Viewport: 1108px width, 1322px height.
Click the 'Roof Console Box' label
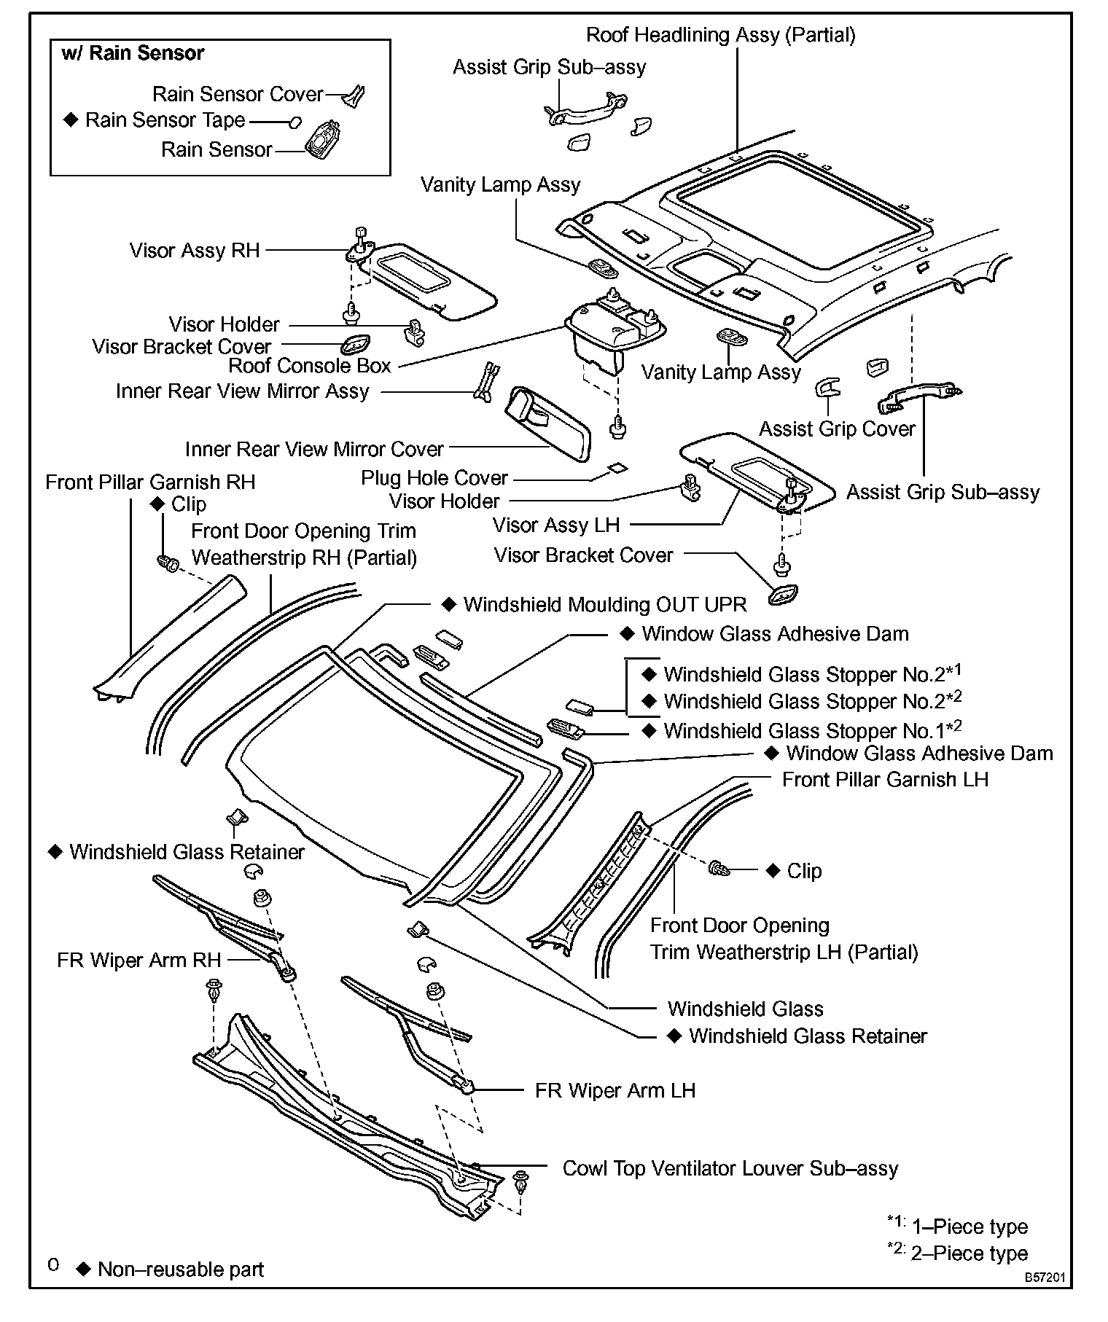[310, 366]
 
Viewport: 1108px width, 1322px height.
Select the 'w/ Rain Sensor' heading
[133, 53]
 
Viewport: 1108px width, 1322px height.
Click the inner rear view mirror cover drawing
[548, 423]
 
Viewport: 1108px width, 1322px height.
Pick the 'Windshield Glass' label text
[745, 1009]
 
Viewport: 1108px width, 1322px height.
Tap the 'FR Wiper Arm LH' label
[615, 1090]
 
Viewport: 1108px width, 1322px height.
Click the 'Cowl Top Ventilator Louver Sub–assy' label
[730, 1168]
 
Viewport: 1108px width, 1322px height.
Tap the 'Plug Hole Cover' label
[434, 478]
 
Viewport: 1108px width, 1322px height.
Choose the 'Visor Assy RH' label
[195, 250]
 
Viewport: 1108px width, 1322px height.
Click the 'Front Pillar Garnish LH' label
[884, 779]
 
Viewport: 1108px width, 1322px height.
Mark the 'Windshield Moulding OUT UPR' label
[604, 604]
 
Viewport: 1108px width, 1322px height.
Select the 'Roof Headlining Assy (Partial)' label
[720, 34]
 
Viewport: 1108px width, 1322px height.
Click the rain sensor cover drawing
[355, 95]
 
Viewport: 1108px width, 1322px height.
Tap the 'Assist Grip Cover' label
[836, 429]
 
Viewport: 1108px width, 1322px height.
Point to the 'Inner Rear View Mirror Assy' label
[243, 391]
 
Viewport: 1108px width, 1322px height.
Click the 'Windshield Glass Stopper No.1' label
[804, 730]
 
